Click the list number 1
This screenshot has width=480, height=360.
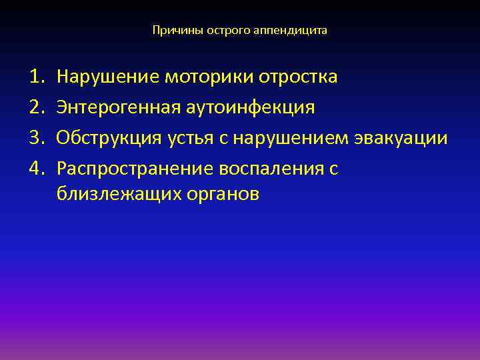(x=37, y=77)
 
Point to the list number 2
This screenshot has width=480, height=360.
(x=37, y=107)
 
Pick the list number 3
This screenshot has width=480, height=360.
(x=37, y=138)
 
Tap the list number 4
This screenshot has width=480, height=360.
(x=37, y=169)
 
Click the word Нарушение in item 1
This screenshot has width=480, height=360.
(x=105, y=77)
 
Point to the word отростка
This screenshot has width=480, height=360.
(x=297, y=77)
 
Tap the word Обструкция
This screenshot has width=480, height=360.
(x=109, y=138)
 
